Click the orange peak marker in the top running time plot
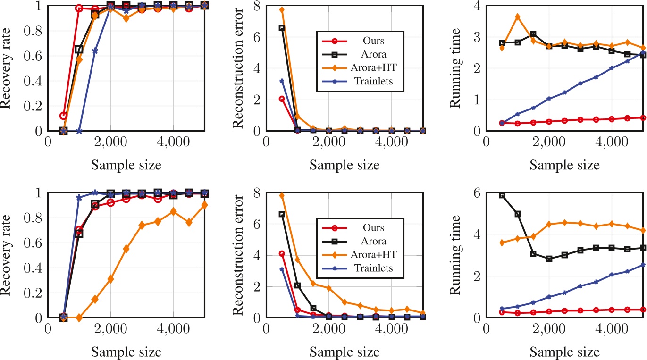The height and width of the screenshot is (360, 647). pyautogui.click(x=518, y=17)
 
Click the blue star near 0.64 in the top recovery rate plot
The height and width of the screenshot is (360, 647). pyautogui.click(x=95, y=50)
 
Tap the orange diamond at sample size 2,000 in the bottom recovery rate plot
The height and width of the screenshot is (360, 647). pyautogui.click(x=110, y=279)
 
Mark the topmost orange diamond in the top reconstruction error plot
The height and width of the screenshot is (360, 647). pyautogui.click(x=282, y=10)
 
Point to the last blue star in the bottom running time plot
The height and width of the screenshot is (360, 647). pyautogui.click(x=643, y=265)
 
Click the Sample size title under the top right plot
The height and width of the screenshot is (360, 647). pyautogui.click(x=564, y=166)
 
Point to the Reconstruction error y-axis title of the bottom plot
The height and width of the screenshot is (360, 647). pyautogui.click(x=238, y=255)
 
